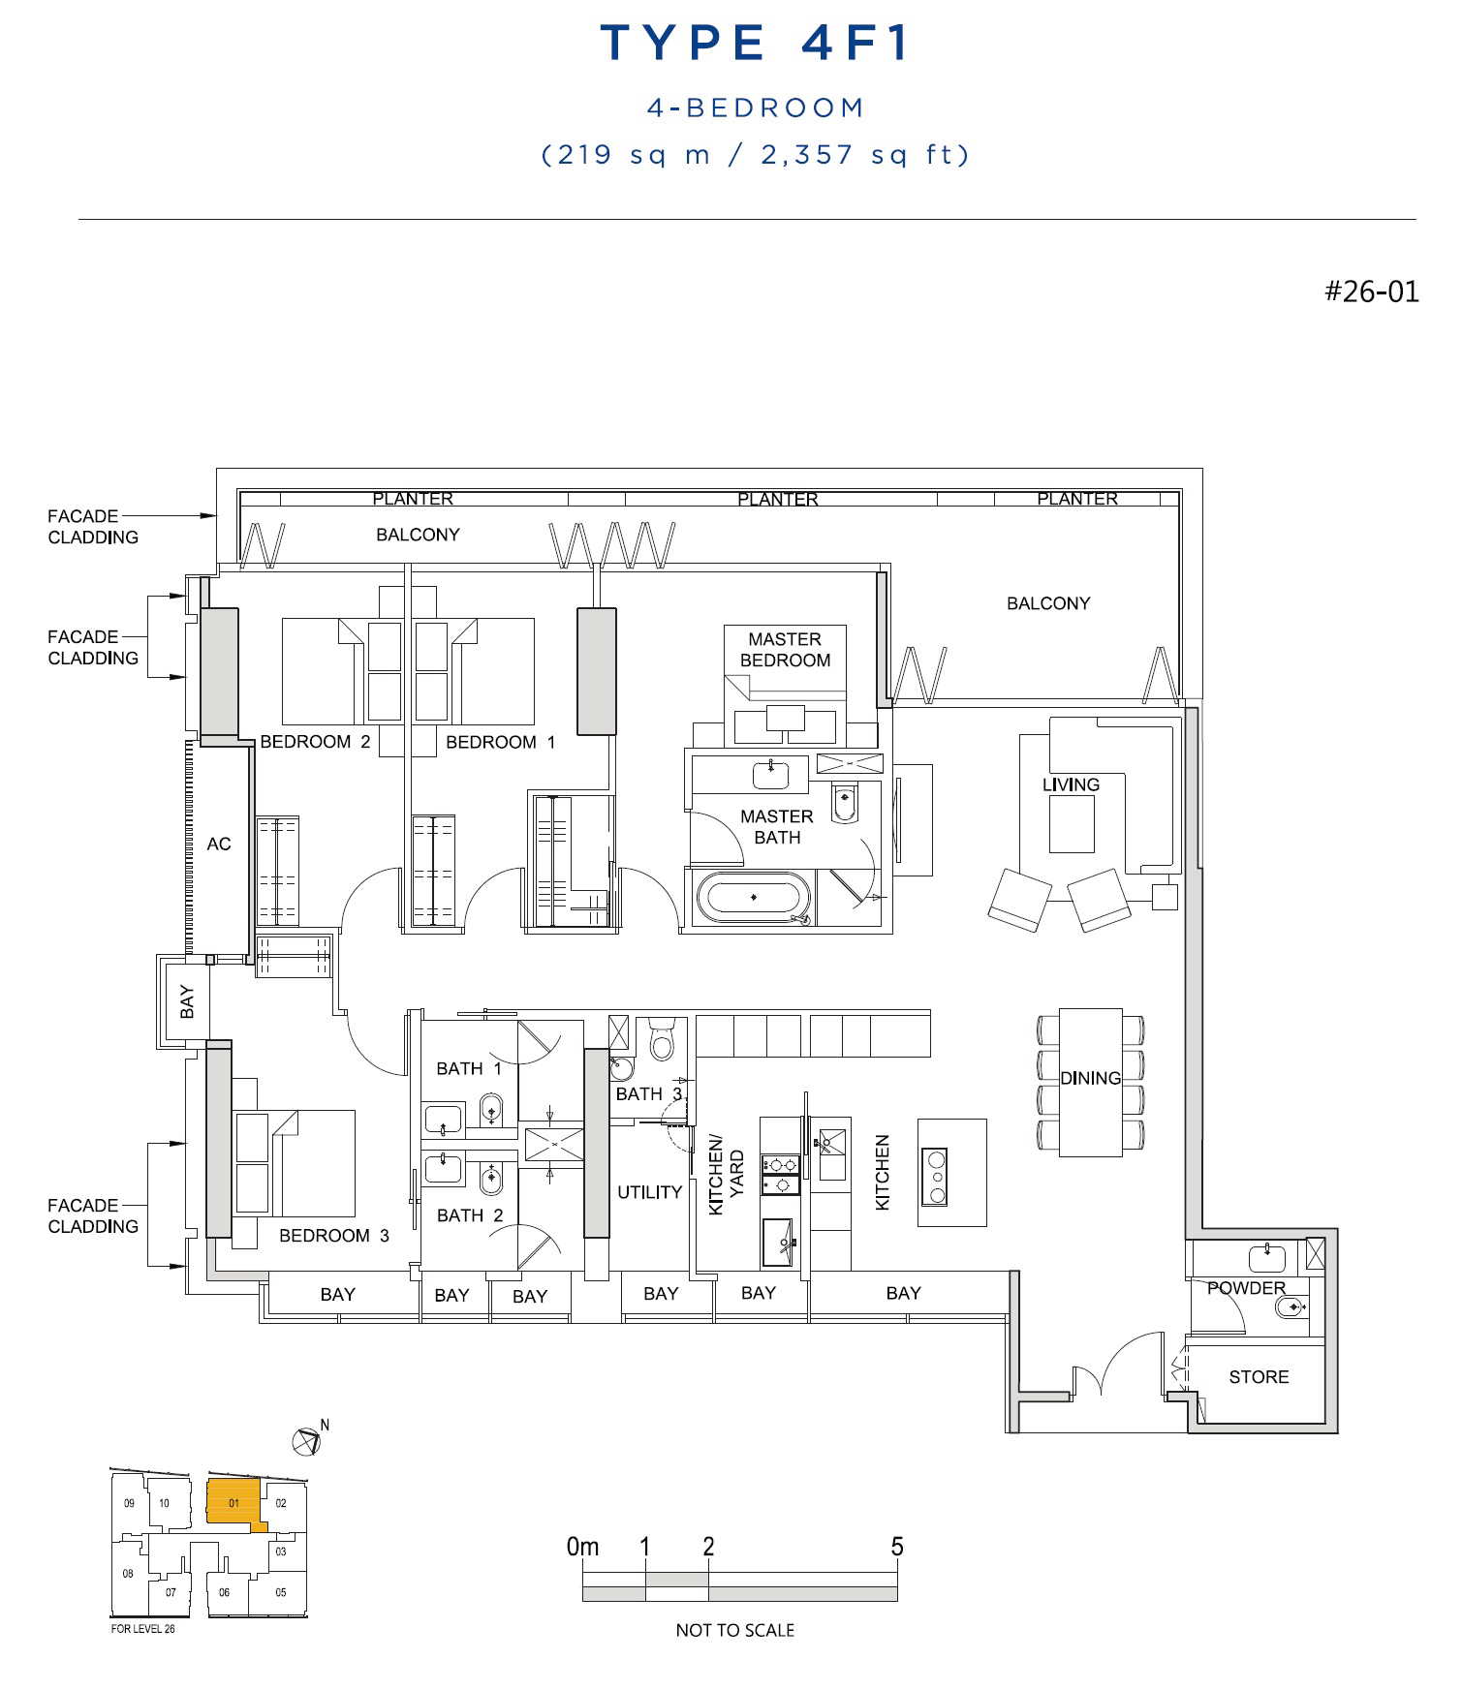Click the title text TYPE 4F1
755,44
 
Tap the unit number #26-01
1371,292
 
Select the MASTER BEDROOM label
785,650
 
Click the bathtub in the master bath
754,898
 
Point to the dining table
1090,1082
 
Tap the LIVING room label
1071,784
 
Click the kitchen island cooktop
935,1176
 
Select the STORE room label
1259,1377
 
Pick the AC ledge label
219,845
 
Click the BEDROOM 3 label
333,1236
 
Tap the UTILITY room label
649,1192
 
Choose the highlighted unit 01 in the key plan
233,1502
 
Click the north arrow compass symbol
306,1442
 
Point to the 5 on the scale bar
897,1547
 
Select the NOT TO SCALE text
734,1630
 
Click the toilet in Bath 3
663,1038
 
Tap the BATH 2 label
470,1215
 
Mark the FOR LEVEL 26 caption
143,1629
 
